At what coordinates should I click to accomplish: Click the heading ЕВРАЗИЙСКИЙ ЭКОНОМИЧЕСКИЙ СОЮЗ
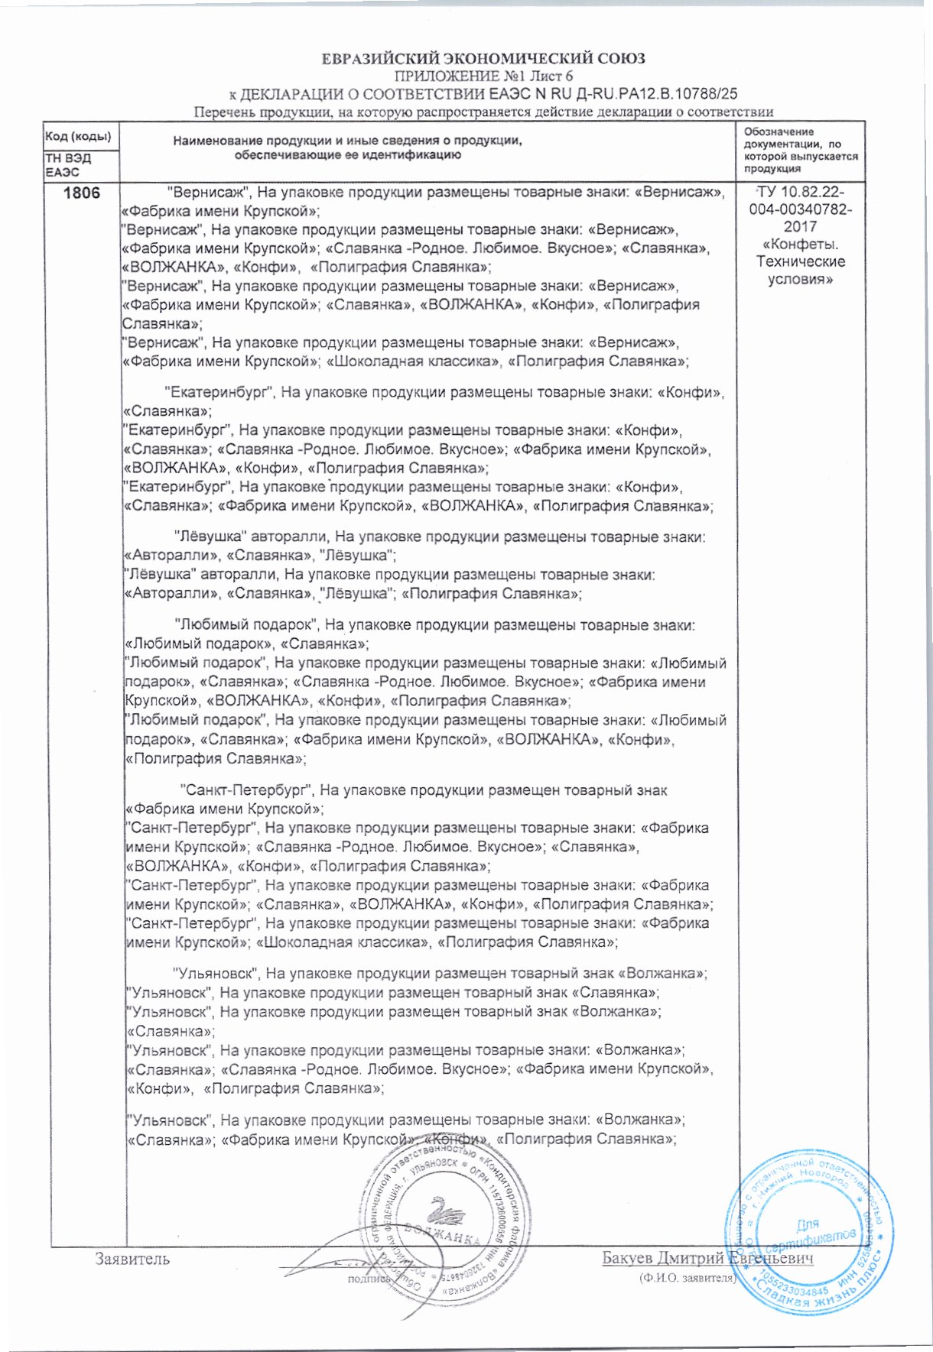483,58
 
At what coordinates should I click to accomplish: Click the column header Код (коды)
77,137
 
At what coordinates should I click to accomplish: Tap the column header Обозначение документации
799,150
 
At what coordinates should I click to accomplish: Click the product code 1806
82,193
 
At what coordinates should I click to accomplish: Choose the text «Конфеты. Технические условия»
800,262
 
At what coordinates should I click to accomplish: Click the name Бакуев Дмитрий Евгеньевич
707,1258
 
